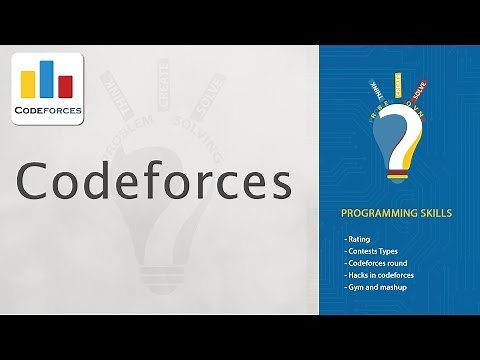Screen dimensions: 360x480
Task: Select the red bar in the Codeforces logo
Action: [x=65, y=86]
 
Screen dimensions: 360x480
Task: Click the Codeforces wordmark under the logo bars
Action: [x=48, y=109]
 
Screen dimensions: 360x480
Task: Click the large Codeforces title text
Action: [x=155, y=183]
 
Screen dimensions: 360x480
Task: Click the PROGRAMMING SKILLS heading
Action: [x=395, y=214]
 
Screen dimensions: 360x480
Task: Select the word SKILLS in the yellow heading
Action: [x=430, y=214]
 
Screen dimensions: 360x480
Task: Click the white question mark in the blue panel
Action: [x=401, y=140]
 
